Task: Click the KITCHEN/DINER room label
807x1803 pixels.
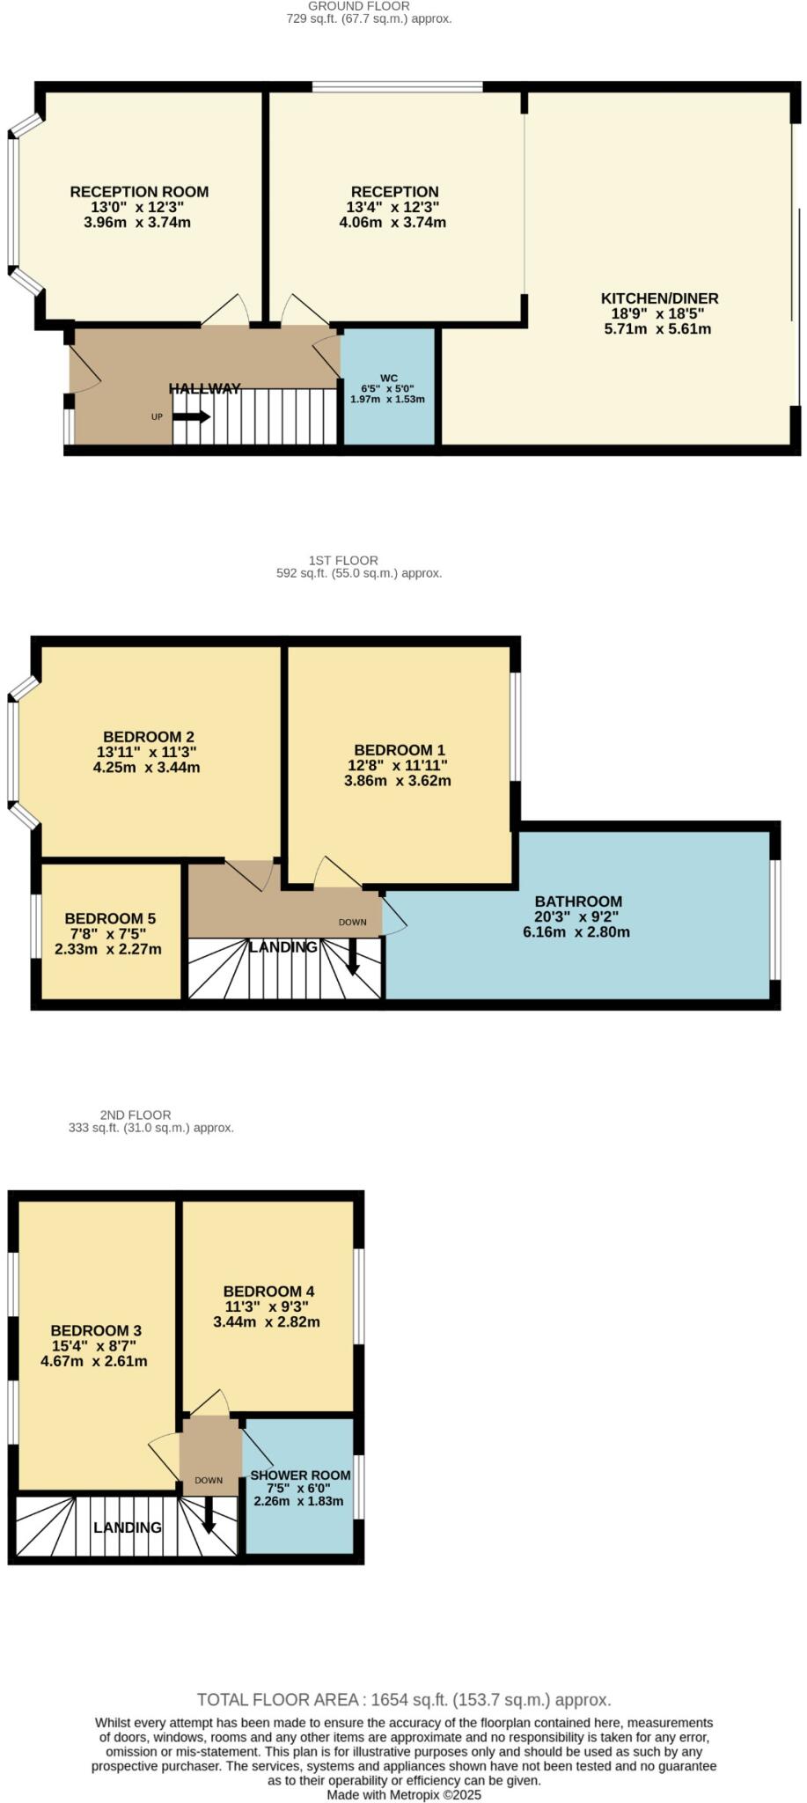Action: point(659,298)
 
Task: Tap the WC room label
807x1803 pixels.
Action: point(388,379)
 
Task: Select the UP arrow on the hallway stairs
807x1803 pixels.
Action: point(191,416)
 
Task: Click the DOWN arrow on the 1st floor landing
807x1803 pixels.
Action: point(353,957)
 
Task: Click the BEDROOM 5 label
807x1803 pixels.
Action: point(110,917)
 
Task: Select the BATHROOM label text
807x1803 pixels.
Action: point(578,901)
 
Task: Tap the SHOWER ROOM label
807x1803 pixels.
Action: point(300,1475)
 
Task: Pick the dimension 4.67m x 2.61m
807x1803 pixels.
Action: point(94,1360)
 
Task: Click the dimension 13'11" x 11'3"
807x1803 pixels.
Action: point(146,752)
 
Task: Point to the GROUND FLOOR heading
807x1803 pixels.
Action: point(369,6)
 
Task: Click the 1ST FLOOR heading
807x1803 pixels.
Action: point(343,560)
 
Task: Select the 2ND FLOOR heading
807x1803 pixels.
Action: point(136,1115)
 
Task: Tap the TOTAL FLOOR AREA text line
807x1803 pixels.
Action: point(403,1699)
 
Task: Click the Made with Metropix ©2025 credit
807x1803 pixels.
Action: point(404,1794)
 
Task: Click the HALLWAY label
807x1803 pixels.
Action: point(205,388)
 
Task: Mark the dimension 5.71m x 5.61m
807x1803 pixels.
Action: point(657,329)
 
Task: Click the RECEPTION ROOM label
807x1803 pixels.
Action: point(139,192)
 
